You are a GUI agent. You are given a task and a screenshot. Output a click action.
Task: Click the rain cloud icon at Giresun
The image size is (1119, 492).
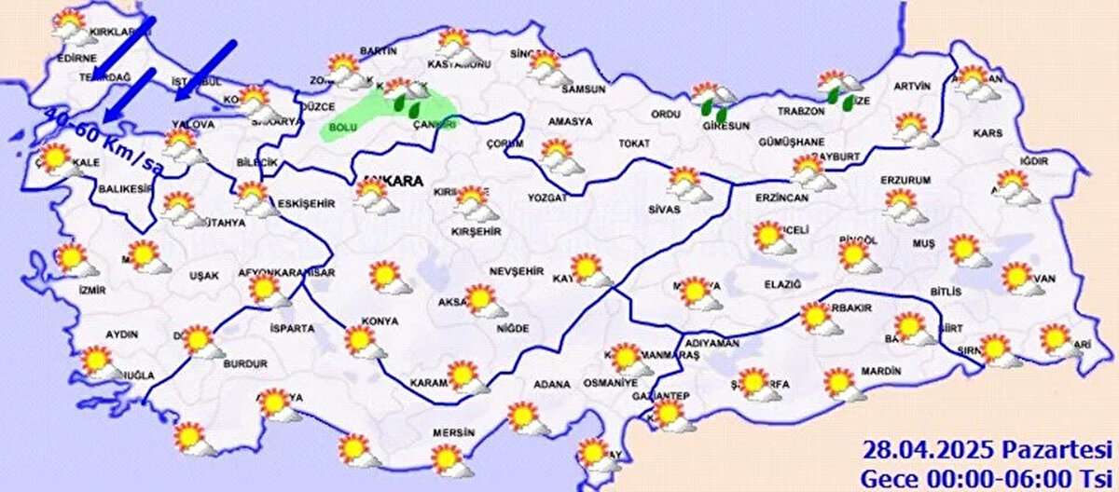713,100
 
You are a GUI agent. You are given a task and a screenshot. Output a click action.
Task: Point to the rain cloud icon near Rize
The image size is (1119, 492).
840,91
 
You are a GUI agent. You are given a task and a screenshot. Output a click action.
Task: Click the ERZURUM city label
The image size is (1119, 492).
905,179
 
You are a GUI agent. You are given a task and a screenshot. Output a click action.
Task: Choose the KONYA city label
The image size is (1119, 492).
382,321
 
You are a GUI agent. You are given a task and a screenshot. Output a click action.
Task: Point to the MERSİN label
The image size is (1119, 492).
454,433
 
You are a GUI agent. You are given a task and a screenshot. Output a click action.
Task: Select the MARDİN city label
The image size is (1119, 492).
881,371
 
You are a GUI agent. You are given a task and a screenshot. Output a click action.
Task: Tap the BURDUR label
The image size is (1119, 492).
246,363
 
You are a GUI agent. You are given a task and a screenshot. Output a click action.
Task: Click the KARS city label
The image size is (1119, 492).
988,133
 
